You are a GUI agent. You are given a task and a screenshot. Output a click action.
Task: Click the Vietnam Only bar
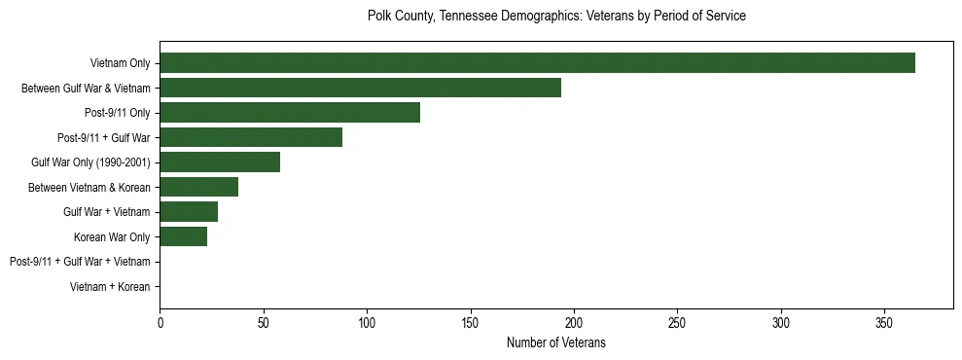[x=537, y=63]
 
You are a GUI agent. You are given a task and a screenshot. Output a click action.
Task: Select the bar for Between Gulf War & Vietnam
[x=360, y=88]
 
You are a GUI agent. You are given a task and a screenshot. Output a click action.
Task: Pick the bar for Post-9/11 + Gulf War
[x=251, y=137]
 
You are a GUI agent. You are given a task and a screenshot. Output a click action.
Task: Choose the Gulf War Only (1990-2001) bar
[x=220, y=162]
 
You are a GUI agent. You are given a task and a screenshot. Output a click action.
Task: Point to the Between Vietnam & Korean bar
[x=198, y=187]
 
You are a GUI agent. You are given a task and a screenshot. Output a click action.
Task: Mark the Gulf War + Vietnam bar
[x=189, y=212]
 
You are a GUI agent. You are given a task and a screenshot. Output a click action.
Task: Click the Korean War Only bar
[x=183, y=236]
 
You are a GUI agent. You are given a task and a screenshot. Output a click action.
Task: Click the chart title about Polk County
[x=556, y=17]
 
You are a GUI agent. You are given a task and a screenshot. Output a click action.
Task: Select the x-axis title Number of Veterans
[x=556, y=342]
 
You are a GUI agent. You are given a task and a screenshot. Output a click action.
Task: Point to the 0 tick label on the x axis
[x=160, y=322]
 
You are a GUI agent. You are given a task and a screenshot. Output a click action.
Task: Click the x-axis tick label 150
[x=470, y=322]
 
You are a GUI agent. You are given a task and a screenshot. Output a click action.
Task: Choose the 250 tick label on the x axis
[x=677, y=322]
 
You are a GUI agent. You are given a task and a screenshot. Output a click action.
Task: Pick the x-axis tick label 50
[x=263, y=322]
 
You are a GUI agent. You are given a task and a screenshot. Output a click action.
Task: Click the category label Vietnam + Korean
[x=110, y=287]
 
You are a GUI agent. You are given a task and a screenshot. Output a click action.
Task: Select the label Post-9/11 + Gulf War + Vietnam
[x=80, y=262]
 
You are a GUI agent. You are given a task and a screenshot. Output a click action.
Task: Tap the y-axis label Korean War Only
[x=112, y=236]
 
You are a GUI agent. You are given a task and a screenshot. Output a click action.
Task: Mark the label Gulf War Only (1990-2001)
[x=90, y=162]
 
